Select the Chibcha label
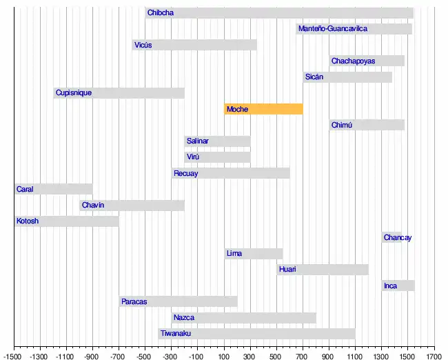pyautogui.click(x=161, y=13)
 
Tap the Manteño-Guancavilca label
pyautogui.click(x=333, y=29)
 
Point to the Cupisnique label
pyautogui.click(x=74, y=93)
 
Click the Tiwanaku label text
pyautogui.click(x=176, y=334)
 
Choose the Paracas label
pyautogui.click(x=134, y=301)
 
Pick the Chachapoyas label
pyautogui.click(x=353, y=61)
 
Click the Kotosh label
pyautogui.click(x=28, y=221)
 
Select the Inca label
pyautogui.click(x=390, y=286)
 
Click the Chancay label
pyautogui.click(x=398, y=238)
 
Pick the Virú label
pyautogui.click(x=193, y=157)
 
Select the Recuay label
pyautogui.click(x=185, y=174)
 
